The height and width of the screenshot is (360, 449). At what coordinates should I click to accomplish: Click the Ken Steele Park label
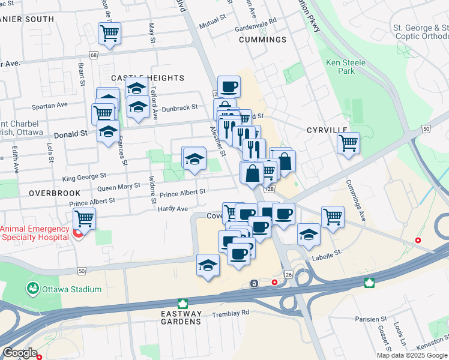pyautogui.click(x=340, y=66)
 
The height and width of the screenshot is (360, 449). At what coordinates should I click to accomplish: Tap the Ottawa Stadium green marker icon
pyautogui.click(x=32, y=289)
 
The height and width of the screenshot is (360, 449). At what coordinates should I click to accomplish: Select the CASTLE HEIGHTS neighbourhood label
pyautogui.click(x=147, y=78)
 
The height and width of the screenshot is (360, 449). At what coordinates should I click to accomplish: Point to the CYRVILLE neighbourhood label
pyautogui.click(x=327, y=130)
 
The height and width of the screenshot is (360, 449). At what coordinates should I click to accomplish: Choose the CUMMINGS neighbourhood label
pyautogui.click(x=262, y=40)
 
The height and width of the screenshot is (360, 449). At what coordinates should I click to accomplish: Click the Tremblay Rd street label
pyautogui.click(x=231, y=313)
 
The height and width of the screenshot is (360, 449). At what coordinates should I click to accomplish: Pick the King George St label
pyautogui.click(x=84, y=177)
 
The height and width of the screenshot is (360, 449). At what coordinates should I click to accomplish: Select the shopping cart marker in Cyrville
pyautogui.click(x=348, y=143)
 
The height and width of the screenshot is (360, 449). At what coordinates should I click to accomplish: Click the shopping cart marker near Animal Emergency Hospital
pyautogui.click(x=84, y=218)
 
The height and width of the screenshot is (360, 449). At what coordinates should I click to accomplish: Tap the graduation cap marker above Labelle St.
pyautogui.click(x=309, y=234)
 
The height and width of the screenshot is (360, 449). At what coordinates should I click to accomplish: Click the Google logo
pyautogui.click(x=20, y=353)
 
